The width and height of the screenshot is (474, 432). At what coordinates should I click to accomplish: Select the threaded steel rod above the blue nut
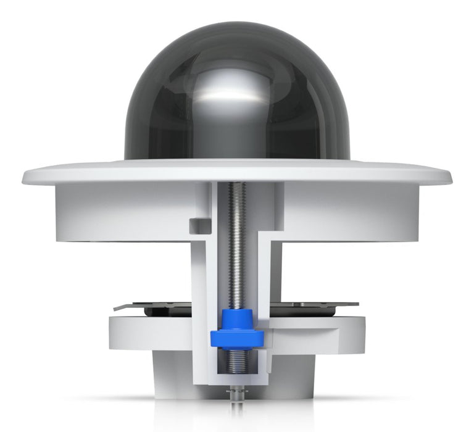(x=237, y=247)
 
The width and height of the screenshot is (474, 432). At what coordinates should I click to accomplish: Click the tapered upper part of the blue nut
(x=237, y=320)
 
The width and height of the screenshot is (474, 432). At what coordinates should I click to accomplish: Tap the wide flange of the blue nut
(x=237, y=339)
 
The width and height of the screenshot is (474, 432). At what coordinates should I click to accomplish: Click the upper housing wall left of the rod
(x=123, y=210)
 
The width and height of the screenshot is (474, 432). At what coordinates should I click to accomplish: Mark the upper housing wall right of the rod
(x=352, y=210)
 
